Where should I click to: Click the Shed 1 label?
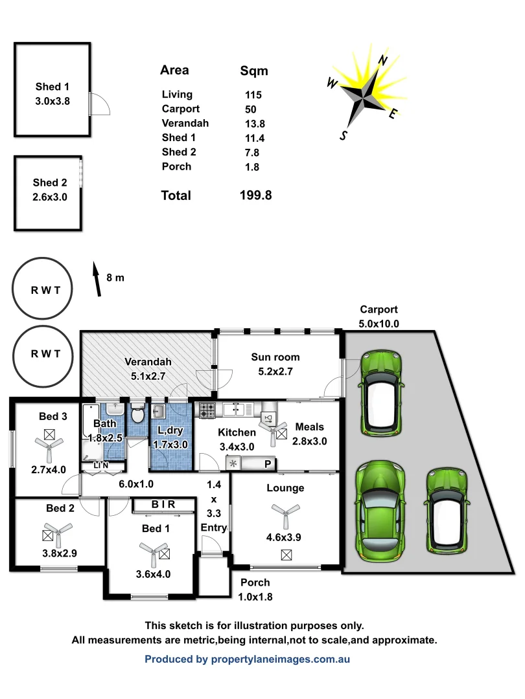tap(52, 87)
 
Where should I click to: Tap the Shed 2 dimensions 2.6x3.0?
tap(50, 197)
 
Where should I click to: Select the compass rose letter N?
tap(383, 61)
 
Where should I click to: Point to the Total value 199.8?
tap(255, 195)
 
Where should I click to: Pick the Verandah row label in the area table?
tap(185, 123)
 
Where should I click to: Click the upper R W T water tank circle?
tap(45, 289)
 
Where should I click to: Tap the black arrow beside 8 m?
tap(97, 279)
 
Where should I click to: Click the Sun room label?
tap(275, 357)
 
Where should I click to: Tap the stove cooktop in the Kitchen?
tap(207, 410)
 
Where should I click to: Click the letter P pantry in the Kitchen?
tap(267, 464)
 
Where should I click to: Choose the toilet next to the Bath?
tap(137, 414)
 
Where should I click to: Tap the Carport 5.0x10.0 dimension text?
tap(379, 324)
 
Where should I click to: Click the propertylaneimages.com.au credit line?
tap(247, 660)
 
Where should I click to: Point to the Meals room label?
tap(309, 427)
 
